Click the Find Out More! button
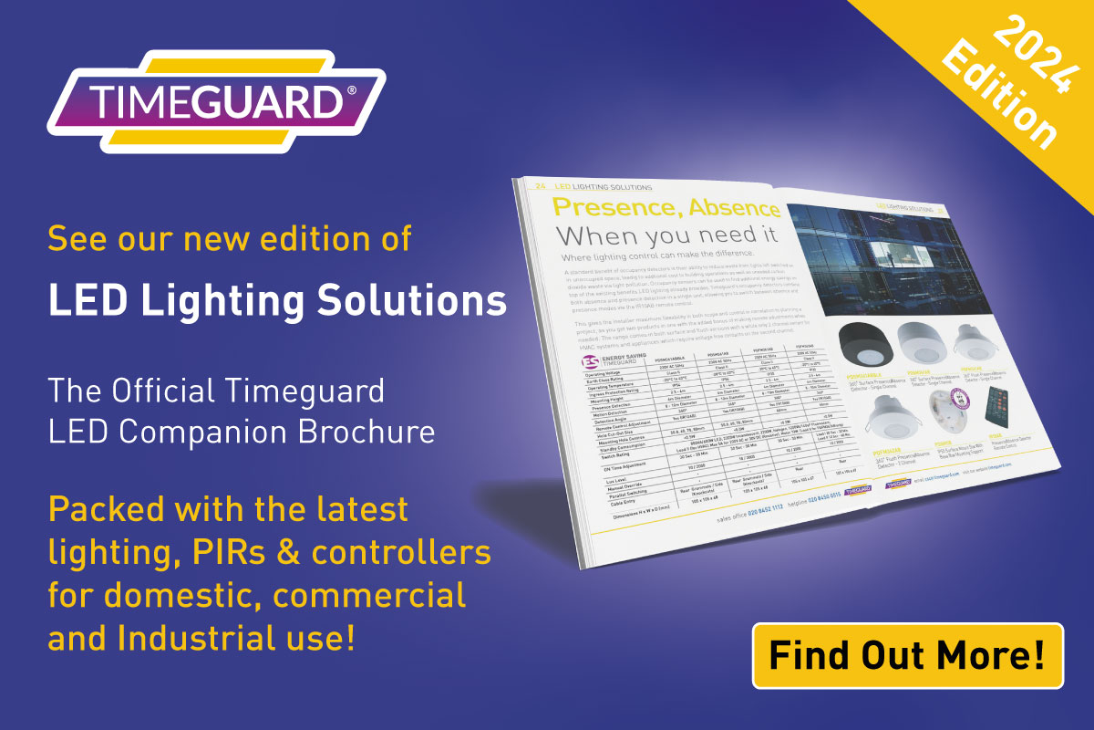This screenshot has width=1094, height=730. (x=907, y=655)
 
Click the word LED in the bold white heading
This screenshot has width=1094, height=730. (x=80, y=299)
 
